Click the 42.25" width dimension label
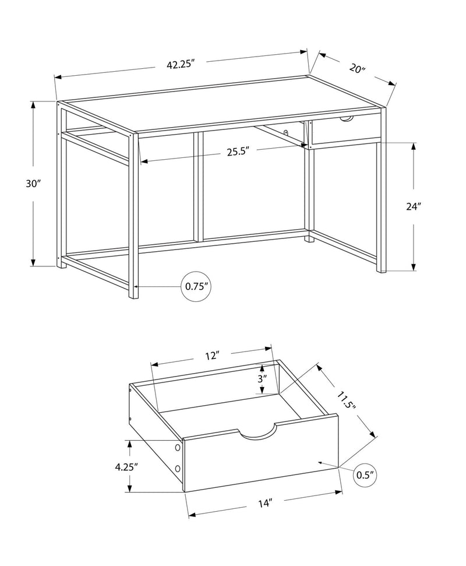point(179,65)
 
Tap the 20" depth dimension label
point(357,68)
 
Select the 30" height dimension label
point(33,183)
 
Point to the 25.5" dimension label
point(238,152)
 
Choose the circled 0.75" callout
point(197,286)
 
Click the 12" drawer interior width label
point(211,355)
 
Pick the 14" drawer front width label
point(265,502)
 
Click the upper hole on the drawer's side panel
point(177,448)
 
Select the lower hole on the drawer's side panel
point(178,469)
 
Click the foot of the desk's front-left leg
point(133,294)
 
